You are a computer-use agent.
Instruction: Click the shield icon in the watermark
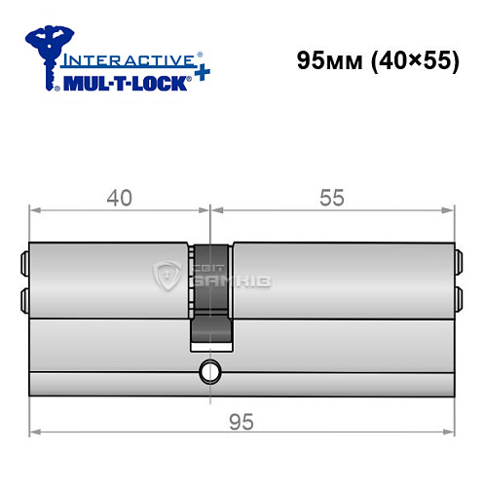(168, 278)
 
